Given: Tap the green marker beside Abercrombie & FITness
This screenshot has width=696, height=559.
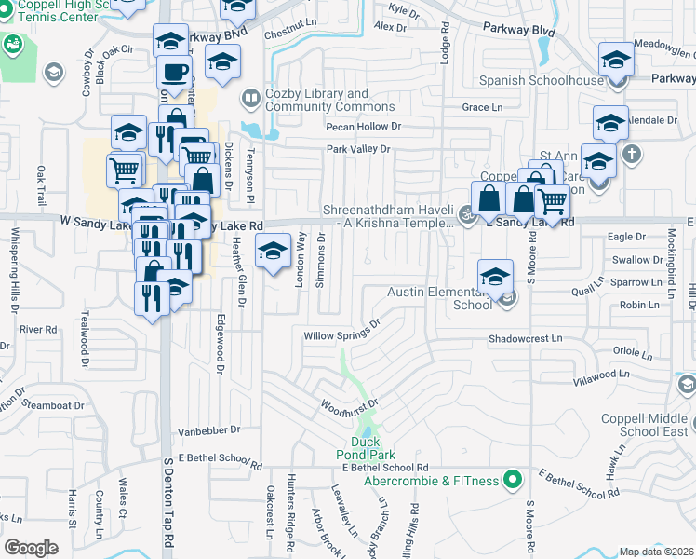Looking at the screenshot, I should pyautogui.click(x=511, y=481).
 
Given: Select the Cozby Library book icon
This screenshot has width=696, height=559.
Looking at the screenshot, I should pyautogui.click(x=251, y=98).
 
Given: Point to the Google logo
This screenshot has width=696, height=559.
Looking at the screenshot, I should pyautogui.click(x=30, y=548).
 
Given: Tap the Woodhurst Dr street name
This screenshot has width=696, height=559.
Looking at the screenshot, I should pyautogui.click(x=347, y=405).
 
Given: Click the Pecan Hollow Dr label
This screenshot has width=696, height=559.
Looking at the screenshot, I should pyautogui.click(x=363, y=126).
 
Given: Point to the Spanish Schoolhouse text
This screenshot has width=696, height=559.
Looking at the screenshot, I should pyautogui.click(x=553, y=81).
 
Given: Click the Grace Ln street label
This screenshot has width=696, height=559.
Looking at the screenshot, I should pyautogui.click(x=482, y=108).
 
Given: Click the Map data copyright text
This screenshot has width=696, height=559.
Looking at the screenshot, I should pyautogui.click(x=657, y=552).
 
